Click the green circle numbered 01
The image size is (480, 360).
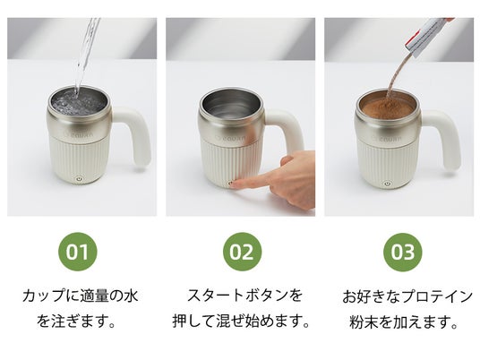77,252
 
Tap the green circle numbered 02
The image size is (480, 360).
242,252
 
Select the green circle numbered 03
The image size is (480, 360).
403,252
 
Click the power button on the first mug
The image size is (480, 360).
79,178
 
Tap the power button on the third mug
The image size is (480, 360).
387,184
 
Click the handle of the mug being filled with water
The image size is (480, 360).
135,134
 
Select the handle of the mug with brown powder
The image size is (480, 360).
445,140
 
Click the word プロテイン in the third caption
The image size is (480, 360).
437,296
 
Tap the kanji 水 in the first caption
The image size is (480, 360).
130,296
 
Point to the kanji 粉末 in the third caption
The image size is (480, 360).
364,321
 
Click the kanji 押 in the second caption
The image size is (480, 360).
180,321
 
